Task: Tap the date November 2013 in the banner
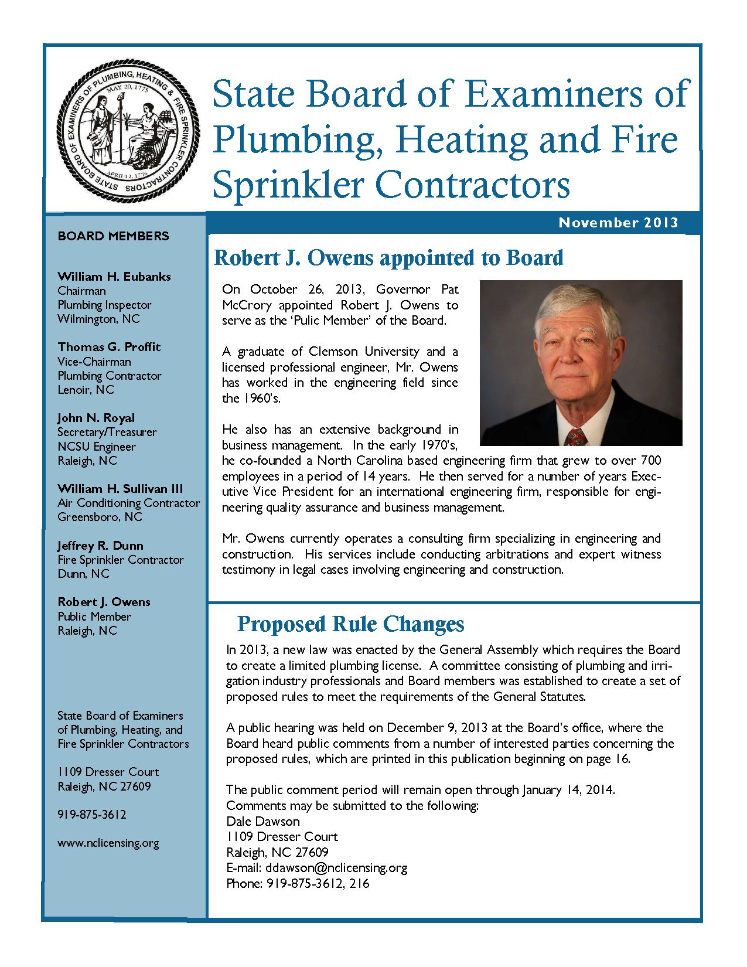pos(618,223)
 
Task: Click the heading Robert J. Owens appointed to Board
pos(388,258)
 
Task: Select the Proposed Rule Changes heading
pos(350,624)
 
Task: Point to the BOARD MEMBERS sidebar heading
pos(113,236)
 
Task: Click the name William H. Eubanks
pos(114,277)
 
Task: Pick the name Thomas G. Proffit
pos(109,347)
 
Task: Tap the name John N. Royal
pos(96,418)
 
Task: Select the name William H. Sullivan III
pos(120,489)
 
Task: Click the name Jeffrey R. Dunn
pos(100,546)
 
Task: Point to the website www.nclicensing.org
pos(108,843)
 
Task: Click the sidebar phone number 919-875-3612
pos(92,815)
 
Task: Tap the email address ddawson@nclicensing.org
pos(336,868)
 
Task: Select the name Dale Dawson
pos(263,822)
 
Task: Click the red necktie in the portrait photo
pos(576,437)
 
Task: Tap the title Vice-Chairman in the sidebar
pos(94,362)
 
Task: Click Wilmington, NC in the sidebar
pos(98,319)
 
